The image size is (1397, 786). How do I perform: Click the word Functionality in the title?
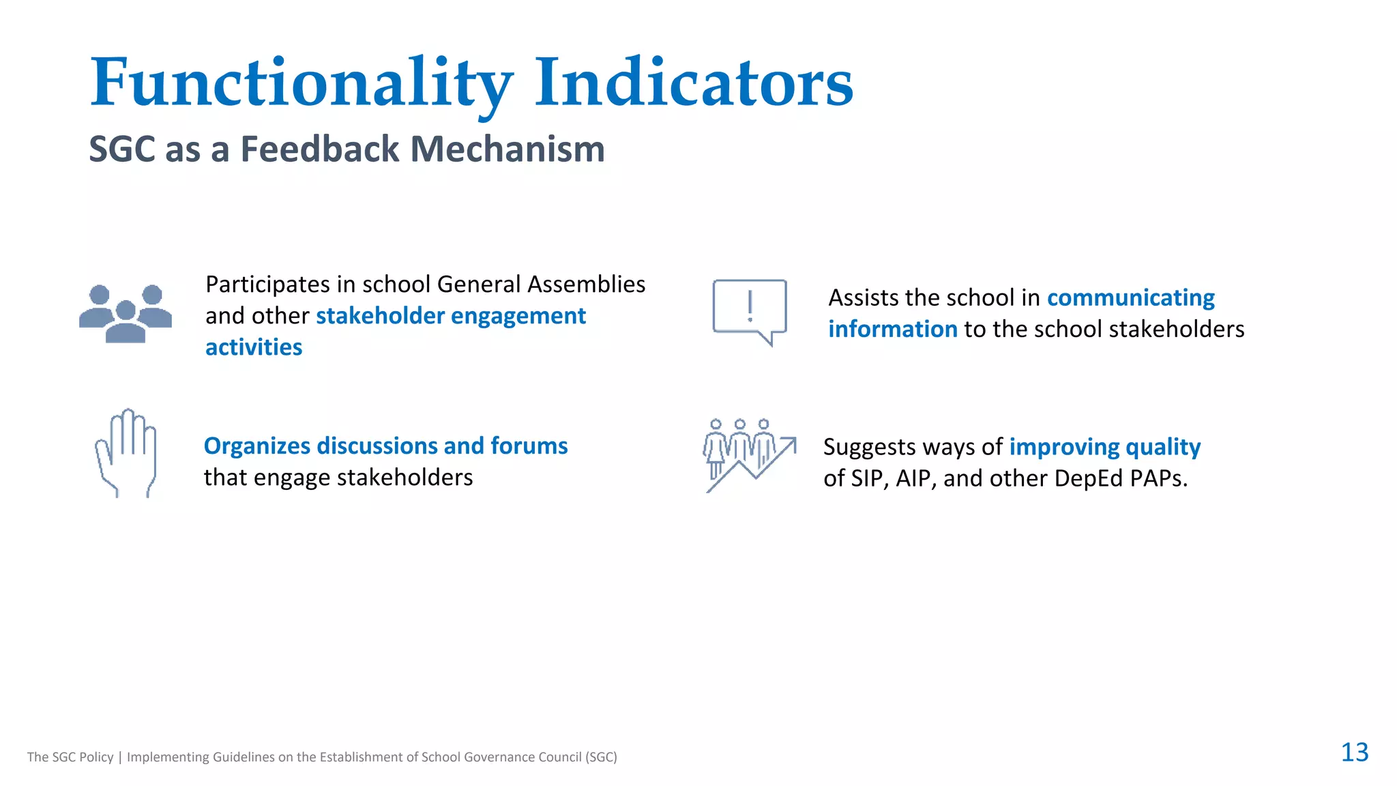click(x=302, y=83)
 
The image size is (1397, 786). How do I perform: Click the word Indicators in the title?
click(x=693, y=83)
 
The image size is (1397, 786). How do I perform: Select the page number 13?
click(x=1354, y=752)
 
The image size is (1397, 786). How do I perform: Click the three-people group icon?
click(x=126, y=313)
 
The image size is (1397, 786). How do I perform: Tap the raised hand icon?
click(x=126, y=453)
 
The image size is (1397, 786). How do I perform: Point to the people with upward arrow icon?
click(x=749, y=454)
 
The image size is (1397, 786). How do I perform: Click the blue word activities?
click(x=254, y=347)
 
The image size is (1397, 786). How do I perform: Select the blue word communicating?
click(x=1130, y=298)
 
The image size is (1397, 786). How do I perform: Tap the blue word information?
click(x=892, y=330)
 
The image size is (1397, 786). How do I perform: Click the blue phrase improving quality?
click(x=1104, y=447)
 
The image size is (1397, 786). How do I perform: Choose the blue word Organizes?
click(x=257, y=446)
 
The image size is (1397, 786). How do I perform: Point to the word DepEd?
click(x=1088, y=478)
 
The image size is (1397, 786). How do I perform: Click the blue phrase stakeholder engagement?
click(x=450, y=316)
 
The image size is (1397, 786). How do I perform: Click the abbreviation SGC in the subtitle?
click(x=122, y=149)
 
